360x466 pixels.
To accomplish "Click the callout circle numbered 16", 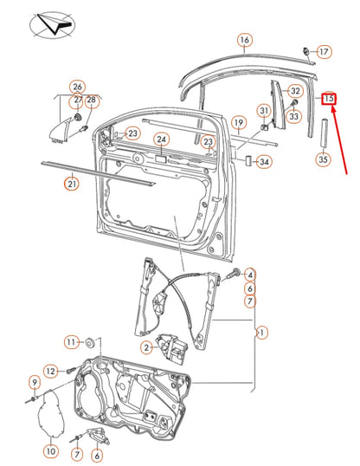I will coord(245,41).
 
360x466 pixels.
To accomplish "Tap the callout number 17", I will coord(324,52).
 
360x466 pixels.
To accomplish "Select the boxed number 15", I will coord(329,99).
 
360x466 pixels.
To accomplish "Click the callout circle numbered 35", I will coord(323,159).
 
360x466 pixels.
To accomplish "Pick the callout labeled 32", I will coord(295,91).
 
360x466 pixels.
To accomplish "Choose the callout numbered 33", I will coord(294,115).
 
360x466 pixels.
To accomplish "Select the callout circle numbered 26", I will coord(78,87).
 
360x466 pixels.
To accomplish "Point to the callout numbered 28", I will coord(92,100).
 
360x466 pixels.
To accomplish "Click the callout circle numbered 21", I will coord(72,183).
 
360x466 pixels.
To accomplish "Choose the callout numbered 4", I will coord(249,275).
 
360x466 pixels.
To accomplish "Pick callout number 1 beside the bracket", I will coord(262,332).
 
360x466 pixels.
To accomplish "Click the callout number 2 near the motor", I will coord(146,347).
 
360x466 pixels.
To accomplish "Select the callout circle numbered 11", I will coord(72,340).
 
